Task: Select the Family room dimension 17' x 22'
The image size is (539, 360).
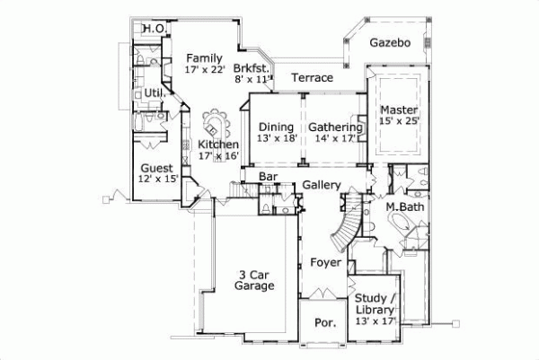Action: point(203,69)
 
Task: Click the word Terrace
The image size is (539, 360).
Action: point(312,78)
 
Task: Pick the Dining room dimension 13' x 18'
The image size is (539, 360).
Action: point(276,138)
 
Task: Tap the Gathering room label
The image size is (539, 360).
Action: point(334,127)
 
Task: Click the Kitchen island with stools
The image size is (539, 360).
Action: point(216,120)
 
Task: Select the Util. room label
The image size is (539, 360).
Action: point(154,92)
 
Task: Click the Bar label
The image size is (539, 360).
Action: point(267,177)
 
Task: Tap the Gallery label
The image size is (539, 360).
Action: point(321,185)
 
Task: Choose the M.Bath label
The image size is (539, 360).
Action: point(405,208)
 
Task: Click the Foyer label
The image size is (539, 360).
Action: point(326,263)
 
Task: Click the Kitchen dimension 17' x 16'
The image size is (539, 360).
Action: point(217,155)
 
